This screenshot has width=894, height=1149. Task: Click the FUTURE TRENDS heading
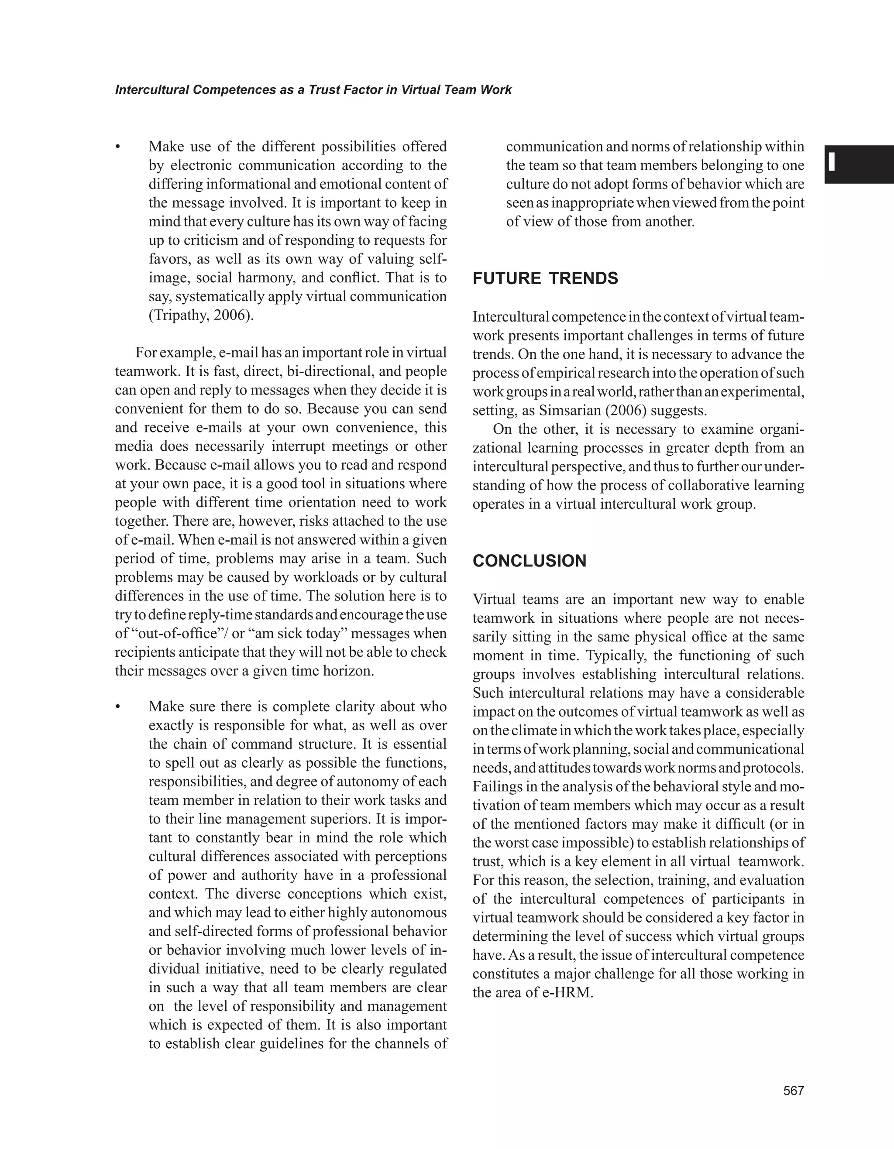[x=545, y=278]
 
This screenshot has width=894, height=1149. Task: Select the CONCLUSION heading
[x=530, y=561]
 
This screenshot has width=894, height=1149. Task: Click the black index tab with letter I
[x=858, y=164]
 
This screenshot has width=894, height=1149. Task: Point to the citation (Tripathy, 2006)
[x=201, y=315]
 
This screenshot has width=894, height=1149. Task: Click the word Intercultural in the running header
[x=151, y=90]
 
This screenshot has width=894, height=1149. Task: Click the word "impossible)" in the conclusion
[x=597, y=842]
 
